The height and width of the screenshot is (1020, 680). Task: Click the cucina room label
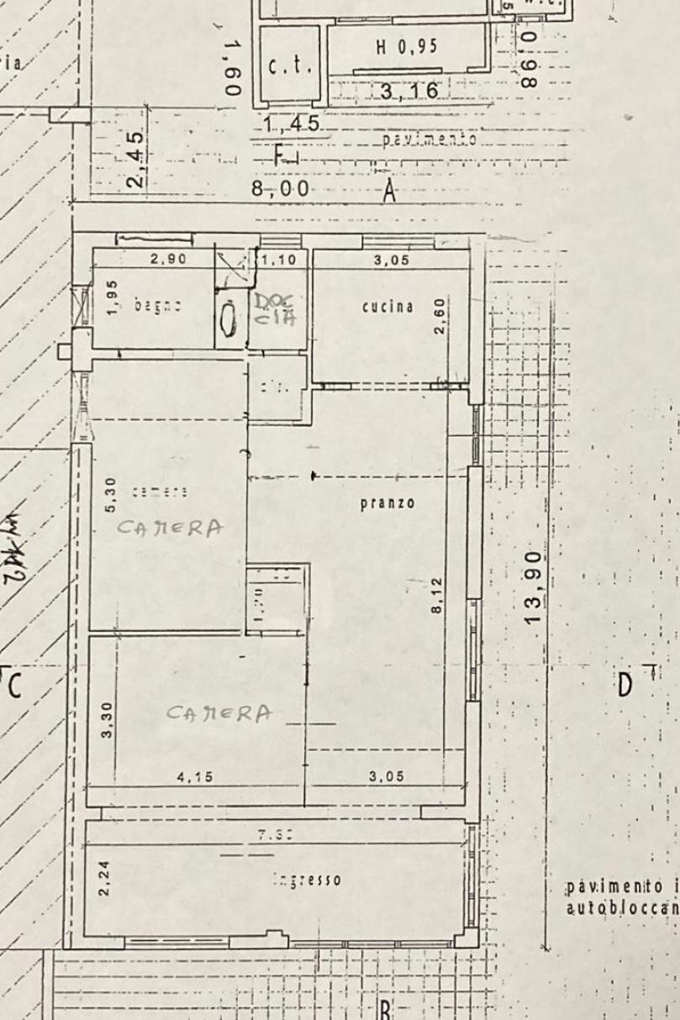[387, 307]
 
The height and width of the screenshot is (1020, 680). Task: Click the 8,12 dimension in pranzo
[436, 594]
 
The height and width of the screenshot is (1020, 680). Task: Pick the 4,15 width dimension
[192, 776]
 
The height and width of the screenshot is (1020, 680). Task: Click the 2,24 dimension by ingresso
[104, 876]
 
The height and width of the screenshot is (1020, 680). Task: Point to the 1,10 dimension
[280, 260]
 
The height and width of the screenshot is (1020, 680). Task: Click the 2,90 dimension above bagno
[168, 260]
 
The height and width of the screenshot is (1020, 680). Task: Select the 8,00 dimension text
[281, 190]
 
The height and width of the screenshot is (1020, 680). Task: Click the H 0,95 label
[406, 47]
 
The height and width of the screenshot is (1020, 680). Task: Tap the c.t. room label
[288, 66]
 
